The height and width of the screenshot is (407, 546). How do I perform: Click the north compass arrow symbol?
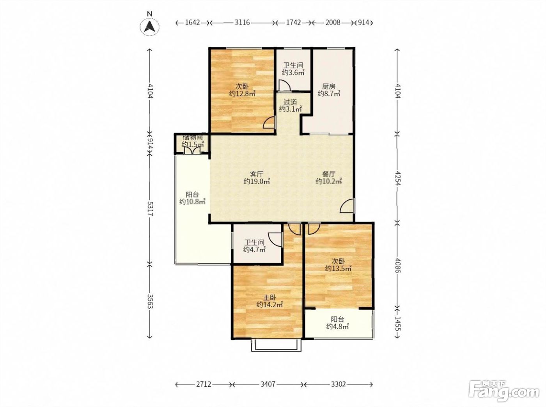pyautogui.click(x=149, y=26)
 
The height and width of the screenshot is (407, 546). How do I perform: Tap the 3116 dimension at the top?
pyautogui.click(x=242, y=23)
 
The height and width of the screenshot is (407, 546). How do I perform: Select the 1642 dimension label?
pyautogui.click(x=193, y=23)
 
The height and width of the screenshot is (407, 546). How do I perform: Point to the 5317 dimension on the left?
pyautogui.click(x=150, y=208)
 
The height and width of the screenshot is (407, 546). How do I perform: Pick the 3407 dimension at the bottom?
pyautogui.click(x=268, y=384)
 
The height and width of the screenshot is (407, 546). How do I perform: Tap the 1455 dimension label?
pyautogui.click(x=397, y=323)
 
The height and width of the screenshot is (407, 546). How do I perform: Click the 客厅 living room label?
pyautogui.click(x=257, y=174)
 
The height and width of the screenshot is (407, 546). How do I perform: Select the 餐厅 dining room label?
pyautogui.click(x=329, y=174)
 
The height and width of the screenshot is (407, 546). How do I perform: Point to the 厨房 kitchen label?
pyautogui.click(x=329, y=87)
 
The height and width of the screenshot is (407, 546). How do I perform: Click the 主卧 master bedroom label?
pyautogui.click(x=269, y=297)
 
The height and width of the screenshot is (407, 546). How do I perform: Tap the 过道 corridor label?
pyautogui.click(x=290, y=102)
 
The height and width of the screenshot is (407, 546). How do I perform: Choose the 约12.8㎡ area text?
pyautogui.click(x=242, y=94)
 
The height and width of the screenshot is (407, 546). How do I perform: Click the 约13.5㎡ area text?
pyautogui.click(x=338, y=268)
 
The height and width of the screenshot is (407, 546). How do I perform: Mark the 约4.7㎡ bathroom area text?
pyautogui.click(x=255, y=250)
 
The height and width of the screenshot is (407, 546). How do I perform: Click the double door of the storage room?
pyautogui.click(x=193, y=150)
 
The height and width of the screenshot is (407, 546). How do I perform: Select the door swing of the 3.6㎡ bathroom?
pyautogui.click(x=285, y=85)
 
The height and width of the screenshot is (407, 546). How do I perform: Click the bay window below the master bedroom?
pyautogui.click(x=276, y=345)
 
